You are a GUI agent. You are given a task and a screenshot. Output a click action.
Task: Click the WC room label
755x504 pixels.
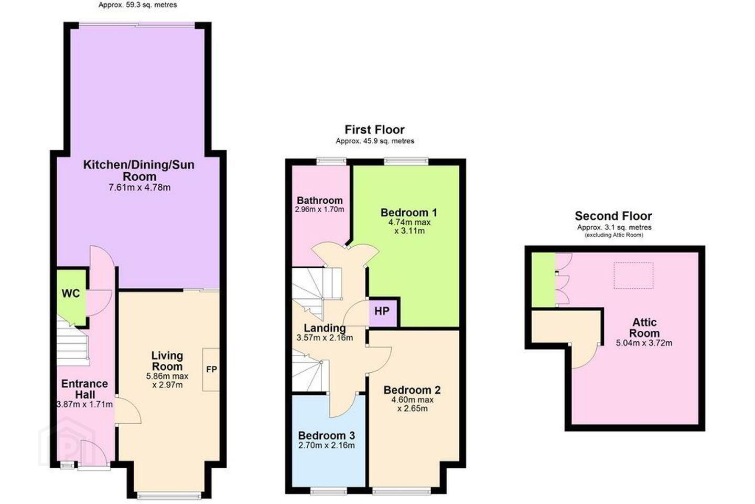[71, 293]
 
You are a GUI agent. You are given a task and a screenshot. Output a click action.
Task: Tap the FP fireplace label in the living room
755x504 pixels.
[212, 369]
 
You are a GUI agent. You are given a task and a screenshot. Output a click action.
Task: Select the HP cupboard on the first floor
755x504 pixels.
[382, 311]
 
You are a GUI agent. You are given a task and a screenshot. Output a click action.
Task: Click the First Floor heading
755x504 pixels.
[374, 130]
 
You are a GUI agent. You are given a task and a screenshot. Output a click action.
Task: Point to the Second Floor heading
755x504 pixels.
[613, 216]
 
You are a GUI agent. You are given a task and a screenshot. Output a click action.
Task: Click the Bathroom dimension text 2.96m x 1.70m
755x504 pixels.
[319, 209]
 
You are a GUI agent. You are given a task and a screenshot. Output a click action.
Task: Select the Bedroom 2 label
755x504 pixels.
[412, 390]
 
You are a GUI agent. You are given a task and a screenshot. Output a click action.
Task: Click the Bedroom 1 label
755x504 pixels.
[409, 213]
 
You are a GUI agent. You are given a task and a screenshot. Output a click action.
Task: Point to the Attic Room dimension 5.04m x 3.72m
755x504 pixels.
[644, 343]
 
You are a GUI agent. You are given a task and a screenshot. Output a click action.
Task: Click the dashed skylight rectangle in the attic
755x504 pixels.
[634, 276]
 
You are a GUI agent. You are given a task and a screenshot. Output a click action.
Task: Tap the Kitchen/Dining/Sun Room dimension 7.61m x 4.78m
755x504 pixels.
[139, 187]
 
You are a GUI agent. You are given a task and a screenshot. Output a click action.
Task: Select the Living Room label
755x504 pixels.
[167, 361]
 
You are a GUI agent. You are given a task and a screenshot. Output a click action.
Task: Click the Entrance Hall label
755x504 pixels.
[84, 389]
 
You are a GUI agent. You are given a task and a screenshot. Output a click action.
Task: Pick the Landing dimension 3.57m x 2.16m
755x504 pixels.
[325, 338]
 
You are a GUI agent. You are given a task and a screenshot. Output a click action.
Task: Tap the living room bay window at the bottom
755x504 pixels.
[169, 495]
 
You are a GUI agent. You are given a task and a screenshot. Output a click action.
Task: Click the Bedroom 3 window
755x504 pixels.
[328, 491]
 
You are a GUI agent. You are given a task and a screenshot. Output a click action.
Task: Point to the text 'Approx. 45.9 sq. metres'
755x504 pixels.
[375, 141]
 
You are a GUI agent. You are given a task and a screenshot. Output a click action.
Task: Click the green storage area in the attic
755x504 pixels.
[543, 279]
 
